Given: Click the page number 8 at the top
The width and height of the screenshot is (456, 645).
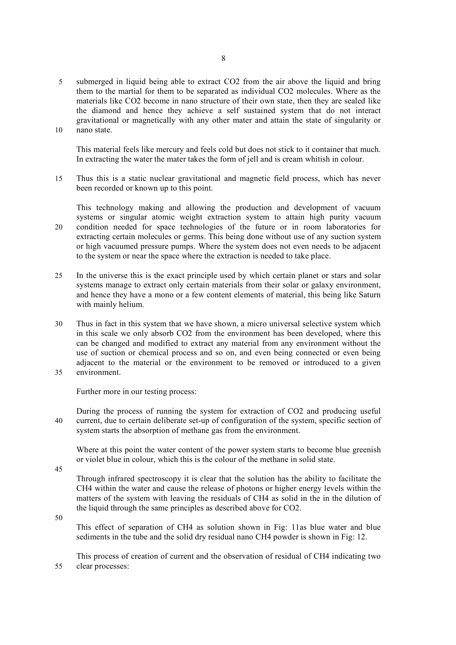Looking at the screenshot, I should pos(223,58).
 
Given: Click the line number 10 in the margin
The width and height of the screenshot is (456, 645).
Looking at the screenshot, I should pos(58,130).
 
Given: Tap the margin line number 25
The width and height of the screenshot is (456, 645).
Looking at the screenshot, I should pos(58,275).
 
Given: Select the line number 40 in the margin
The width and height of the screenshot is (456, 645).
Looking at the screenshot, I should pos(58,421).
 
